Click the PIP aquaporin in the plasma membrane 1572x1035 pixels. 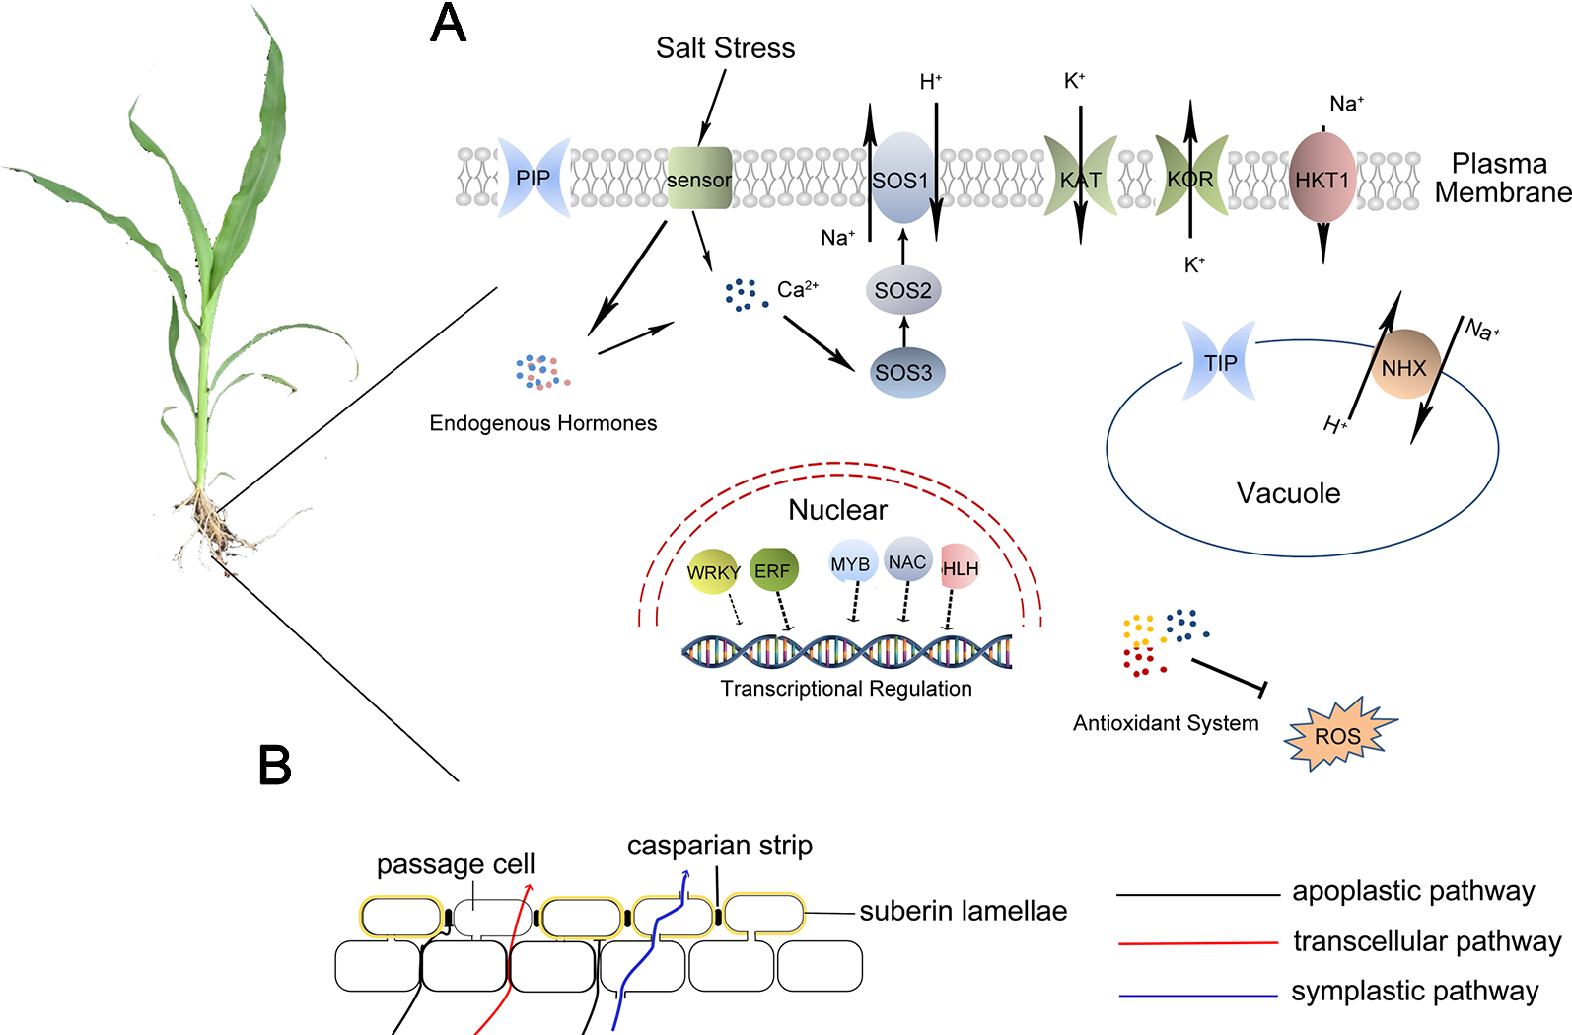[534, 178]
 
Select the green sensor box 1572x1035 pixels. [699, 179]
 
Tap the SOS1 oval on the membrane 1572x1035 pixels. [901, 179]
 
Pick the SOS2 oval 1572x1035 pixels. [902, 290]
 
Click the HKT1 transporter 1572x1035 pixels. [1322, 179]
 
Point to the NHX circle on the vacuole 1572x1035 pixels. [1403, 366]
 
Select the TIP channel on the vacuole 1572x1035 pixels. [1220, 362]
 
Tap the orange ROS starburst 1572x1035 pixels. [1338, 735]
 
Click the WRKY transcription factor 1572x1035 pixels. [712, 571]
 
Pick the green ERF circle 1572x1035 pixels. [773, 570]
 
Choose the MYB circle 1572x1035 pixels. [851, 562]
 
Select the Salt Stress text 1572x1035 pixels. [725, 47]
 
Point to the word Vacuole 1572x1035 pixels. [1288, 493]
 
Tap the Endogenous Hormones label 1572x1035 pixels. [542, 423]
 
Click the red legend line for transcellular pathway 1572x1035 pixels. [1197, 943]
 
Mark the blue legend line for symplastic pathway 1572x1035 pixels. [1197, 996]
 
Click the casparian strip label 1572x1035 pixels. [720, 846]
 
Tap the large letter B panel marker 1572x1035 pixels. [274, 765]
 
